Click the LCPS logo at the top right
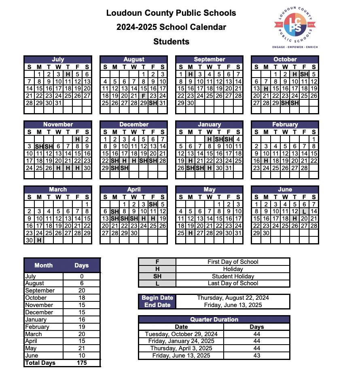click(x=294, y=25)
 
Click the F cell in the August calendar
click(x=144, y=96)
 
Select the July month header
click(x=58, y=59)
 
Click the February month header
click(x=285, y=124)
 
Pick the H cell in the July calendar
click(x=68, y=74)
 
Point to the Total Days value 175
click(x=81, y=363)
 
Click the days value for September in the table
click(x=81, y=290)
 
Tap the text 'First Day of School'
click(x=233, y=262)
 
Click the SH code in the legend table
click(x=157, y=276)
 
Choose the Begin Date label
click(x=157, y=298)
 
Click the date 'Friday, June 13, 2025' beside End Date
click(x=233, y=305)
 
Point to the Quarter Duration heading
click(x=214, y=320)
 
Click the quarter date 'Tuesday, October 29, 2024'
click(x=181, y=334)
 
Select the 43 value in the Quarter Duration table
click(x=256, y=356)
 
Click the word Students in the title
click(x=171, y=41)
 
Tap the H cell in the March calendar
click(x=39, y=240)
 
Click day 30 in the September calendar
click(x=191, y=103)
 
